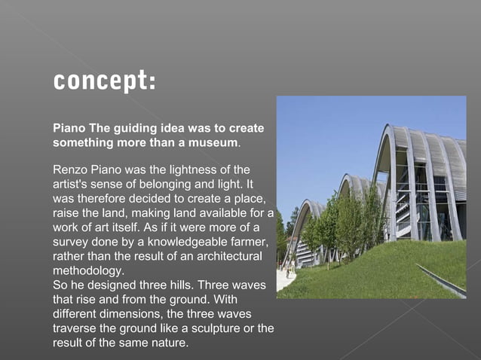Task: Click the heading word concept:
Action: (x=104, y=81)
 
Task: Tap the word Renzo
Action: (x=70, y=169)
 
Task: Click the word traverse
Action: (x=75, y=329)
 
